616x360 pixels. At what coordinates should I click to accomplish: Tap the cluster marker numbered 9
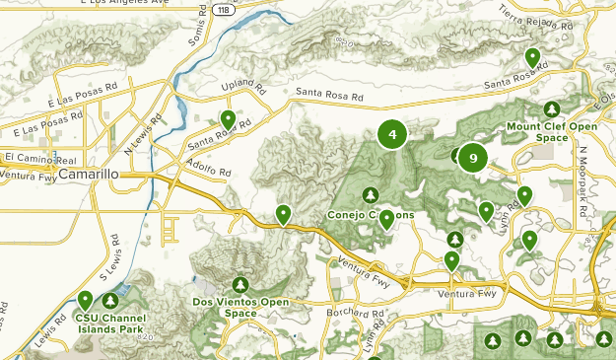(x=473, y=158)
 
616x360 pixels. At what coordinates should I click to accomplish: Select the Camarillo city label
(x=89, y=174)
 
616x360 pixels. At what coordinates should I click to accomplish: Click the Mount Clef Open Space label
(x=551, y=132)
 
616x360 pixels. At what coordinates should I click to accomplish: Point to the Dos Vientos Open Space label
(x=240, y=307)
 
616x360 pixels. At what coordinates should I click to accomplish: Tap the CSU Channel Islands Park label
(x=108, y=324)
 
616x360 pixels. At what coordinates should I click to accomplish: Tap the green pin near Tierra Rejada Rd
(x=532, y=57)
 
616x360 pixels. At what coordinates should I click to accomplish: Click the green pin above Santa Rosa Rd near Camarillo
(x=228, y=119)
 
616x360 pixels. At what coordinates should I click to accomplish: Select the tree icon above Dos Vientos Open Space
(x=240, y=284)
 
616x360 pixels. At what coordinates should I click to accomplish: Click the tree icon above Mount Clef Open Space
(x=552, y=108)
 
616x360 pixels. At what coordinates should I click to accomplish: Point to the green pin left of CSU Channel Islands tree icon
(x=86, y=299)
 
